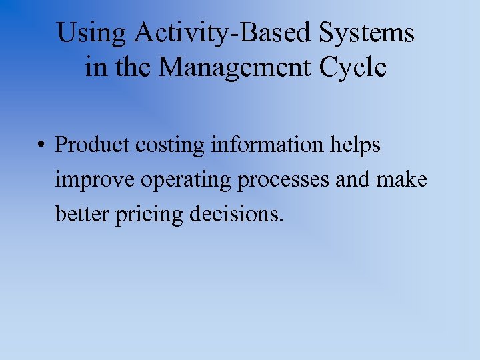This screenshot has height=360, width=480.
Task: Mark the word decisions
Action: pos(237,215)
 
